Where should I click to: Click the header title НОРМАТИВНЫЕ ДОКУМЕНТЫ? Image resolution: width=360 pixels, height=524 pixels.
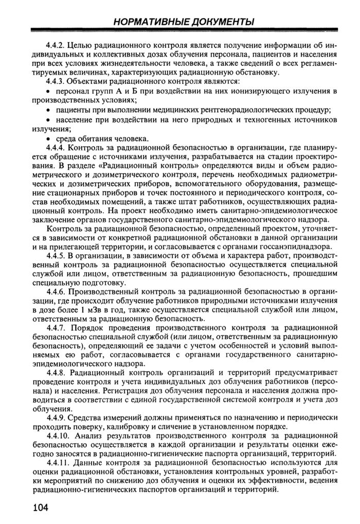click(x=184, y=22)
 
